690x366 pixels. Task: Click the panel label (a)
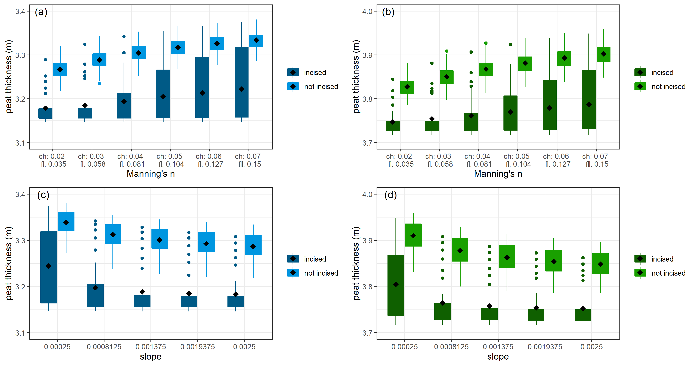click(41, 12)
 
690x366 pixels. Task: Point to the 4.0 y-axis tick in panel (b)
click(367, 11)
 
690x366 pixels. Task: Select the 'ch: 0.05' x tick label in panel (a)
click(169, 156)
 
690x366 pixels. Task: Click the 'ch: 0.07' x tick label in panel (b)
click(595, 156)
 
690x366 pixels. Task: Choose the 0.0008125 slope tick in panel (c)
click(104, 347)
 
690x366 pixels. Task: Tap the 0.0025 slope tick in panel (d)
click(591, 347)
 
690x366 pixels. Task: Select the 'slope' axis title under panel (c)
click(150, 357)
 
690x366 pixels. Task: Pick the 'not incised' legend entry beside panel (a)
click(321, 87)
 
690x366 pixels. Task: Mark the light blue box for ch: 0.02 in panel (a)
click(60, 70)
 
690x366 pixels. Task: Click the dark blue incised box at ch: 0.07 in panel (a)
click(242, 82)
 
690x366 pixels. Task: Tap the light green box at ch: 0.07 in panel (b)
click(603, 54)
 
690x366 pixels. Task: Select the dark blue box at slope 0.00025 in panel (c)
click(49, 267)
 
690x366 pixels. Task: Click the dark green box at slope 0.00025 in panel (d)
click(396, 285)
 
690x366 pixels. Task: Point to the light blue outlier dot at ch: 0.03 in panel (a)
click(99, 84)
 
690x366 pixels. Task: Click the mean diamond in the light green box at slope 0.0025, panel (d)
click(601, 264)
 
